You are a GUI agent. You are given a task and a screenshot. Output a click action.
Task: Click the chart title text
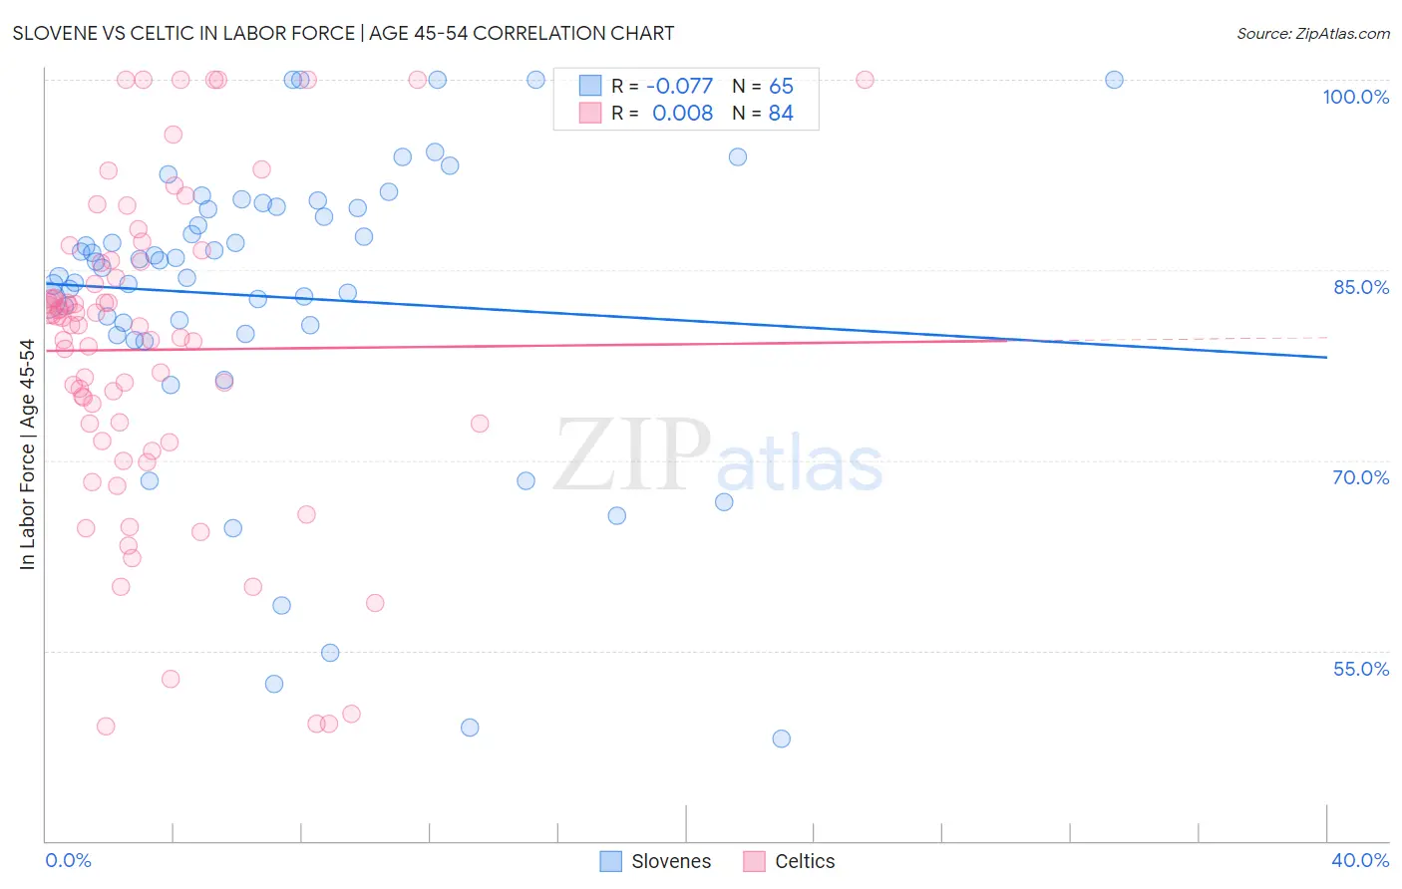[343, 33]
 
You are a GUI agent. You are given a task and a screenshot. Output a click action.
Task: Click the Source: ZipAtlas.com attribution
[1312, 34]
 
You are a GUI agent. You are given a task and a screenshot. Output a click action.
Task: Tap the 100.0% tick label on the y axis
[1355, 97]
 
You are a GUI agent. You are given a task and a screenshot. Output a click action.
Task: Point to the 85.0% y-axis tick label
[1360, 287]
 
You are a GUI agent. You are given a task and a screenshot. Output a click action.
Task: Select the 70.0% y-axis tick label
[1360, 477]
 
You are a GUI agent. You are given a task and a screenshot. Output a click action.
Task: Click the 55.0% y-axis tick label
[1360, 669]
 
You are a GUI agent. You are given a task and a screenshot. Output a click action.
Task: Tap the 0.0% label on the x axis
[68, 860]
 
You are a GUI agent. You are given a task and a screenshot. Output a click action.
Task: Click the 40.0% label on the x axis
[1359, 860]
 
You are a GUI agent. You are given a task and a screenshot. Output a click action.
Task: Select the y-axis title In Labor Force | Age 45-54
[27, 454]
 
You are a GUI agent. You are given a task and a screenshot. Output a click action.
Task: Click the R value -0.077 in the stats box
[679, 87]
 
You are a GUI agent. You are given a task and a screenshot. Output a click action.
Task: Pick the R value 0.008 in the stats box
[682, 114]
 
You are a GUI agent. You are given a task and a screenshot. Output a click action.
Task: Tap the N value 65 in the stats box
[781, 87]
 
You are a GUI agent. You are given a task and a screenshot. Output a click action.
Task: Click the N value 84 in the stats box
[781, 114]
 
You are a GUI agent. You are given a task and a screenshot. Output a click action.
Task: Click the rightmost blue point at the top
[1114, 80]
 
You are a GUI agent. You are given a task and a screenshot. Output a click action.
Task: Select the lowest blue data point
[781, 739]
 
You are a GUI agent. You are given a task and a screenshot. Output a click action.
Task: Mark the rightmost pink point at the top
[865, 80]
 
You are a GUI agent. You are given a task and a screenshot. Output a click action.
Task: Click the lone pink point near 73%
[480, 424]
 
